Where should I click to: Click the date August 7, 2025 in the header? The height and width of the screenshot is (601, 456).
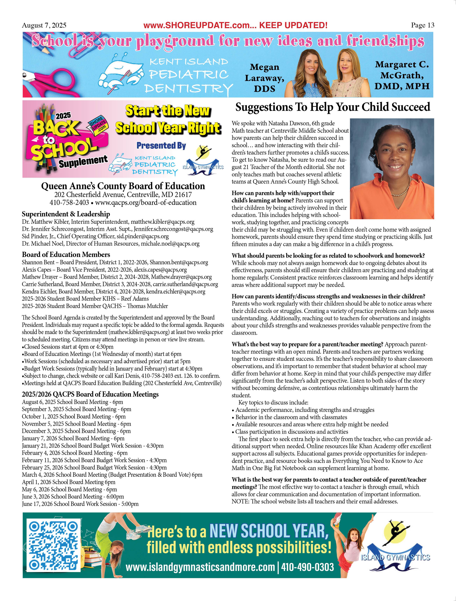tap(44, 25)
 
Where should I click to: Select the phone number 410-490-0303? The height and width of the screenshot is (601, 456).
tap(307, 567)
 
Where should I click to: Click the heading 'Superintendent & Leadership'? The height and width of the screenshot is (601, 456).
tap(66, 214)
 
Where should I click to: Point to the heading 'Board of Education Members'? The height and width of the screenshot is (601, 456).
tap(66, 255)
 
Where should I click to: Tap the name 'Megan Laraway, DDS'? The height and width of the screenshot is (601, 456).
tap(264, 78)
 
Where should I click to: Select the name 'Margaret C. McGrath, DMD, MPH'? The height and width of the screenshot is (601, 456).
tap(402, 75)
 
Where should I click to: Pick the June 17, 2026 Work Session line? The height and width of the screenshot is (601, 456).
tap(80, 504)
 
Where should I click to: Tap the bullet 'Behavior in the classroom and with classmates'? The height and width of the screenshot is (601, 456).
tap(291, 417)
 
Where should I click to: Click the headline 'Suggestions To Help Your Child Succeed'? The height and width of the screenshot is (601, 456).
tap(332, 107)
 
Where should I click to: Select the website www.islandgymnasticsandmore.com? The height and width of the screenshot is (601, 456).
tap(200, 567)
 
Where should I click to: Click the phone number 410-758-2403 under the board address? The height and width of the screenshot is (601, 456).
tap(69, 202)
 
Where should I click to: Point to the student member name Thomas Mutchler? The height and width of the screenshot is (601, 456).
tap(147, 306)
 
